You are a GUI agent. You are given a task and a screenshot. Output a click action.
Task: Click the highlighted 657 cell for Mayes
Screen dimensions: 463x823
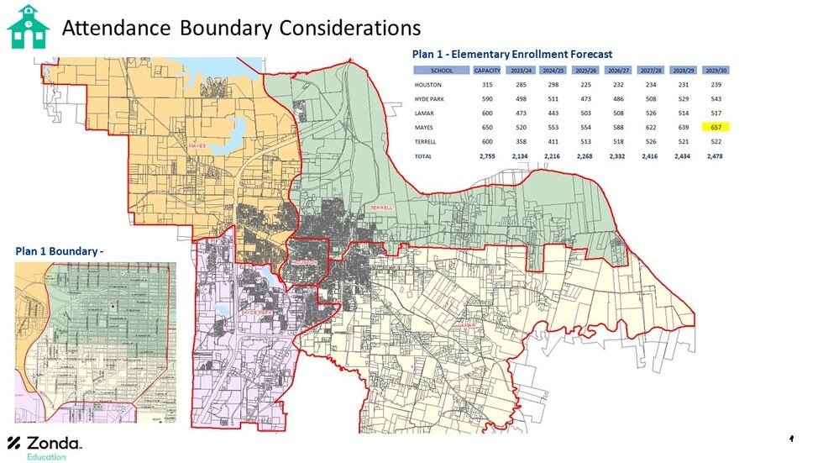click(x=716, y=127)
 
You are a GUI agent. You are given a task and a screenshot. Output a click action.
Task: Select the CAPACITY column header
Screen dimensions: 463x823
click(x=487, y=71)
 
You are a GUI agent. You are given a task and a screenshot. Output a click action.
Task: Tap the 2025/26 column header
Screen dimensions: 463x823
click(x=586, y=71)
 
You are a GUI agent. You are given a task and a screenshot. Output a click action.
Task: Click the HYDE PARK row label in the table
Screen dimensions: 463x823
click(x=430, y=99)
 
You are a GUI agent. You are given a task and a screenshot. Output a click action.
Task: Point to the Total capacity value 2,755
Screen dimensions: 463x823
click(x=487, y=156)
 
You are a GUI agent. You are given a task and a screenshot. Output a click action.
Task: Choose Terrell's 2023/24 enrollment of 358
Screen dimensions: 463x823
click(x=521, y=141)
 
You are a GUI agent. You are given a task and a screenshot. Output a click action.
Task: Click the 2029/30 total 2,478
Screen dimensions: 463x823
click(x=716, y=156)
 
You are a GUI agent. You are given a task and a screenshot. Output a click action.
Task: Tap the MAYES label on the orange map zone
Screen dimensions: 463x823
click(x=197, y=145)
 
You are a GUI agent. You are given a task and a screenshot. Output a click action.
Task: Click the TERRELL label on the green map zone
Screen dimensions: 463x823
click(x=382, y=206)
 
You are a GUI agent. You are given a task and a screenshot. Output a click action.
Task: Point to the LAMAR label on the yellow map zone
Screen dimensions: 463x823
click(x=467, y=323)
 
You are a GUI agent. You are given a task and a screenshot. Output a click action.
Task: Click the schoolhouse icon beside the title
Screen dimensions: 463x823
click(x=29, y=28)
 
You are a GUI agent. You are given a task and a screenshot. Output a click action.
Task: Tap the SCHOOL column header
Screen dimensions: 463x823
click(x=441, y=71)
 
